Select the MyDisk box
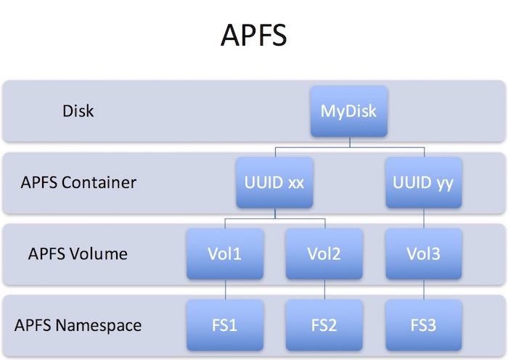(349, 111)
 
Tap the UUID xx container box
(274, 182)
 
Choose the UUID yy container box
(423, 182)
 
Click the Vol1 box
(224, 253)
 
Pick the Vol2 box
(324, 253)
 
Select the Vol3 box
(423, 253)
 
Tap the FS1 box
(224, 324)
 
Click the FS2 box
(324, 324)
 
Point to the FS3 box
(423, 324)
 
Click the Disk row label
(78, 112)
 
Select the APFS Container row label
(78, 183)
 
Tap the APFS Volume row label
(78, 254)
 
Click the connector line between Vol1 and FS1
(224, 290)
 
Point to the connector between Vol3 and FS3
(423, 290)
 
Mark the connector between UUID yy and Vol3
(423, 218)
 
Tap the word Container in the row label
(99, 183)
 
